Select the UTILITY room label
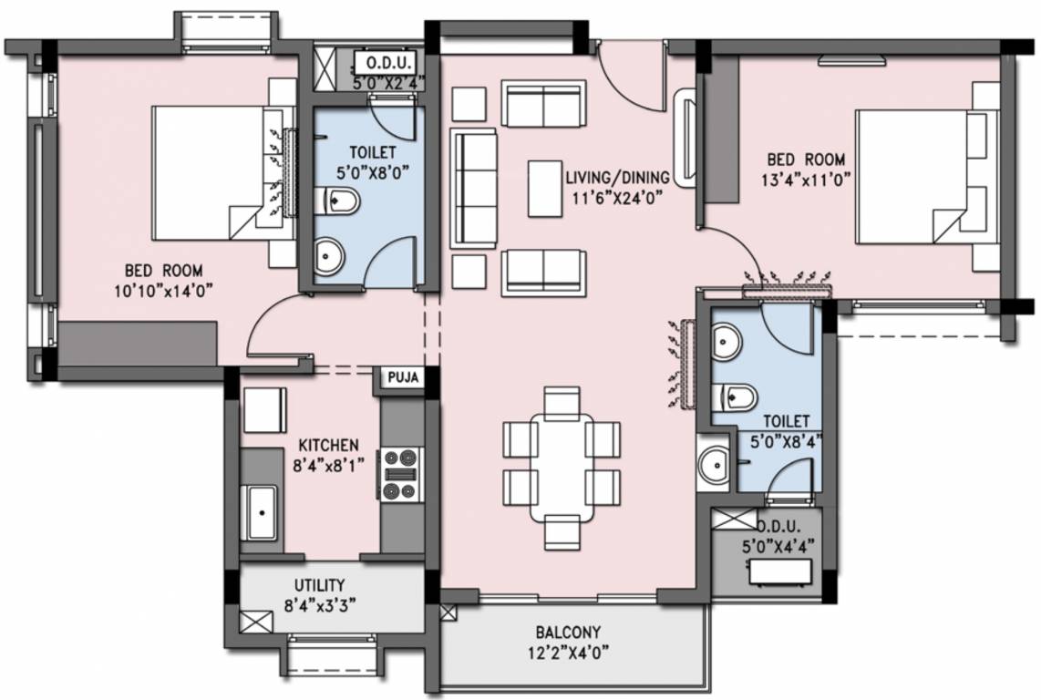[319, 584]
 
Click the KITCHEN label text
[328, 445]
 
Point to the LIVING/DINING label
[617, 177]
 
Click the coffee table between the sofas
[546, 188]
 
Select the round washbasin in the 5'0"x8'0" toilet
[328, 257]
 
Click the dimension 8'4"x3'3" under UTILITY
[319, 603]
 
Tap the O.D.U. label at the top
[390, 63]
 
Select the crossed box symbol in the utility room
[256, 623]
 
